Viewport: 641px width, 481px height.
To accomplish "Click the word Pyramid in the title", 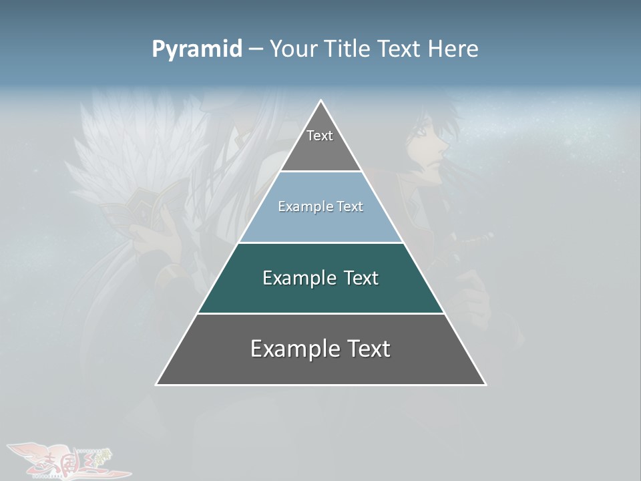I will pyautogui.click(x=197, y=49).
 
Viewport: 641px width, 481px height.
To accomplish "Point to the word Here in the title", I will pyautogui.click(x=453, y=49).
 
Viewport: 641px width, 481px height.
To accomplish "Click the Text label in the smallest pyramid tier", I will pyautogui.click(x=320, y=136).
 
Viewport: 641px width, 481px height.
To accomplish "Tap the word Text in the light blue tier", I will pyautogui.click(x=350, y=207).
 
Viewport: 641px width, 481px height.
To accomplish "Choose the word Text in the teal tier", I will pyautogui.click(x=361, y=278).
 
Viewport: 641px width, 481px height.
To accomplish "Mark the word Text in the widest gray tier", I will pyautogui.click(x=368, y=349).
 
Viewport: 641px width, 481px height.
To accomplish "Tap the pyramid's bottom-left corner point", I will pyautogui.click(x=156, y=384).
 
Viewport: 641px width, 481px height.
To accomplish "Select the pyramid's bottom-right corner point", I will pyautogui.click(x=485, y=384).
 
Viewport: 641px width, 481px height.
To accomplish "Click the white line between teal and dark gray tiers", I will pyautogui.click(x=320, y=313).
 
